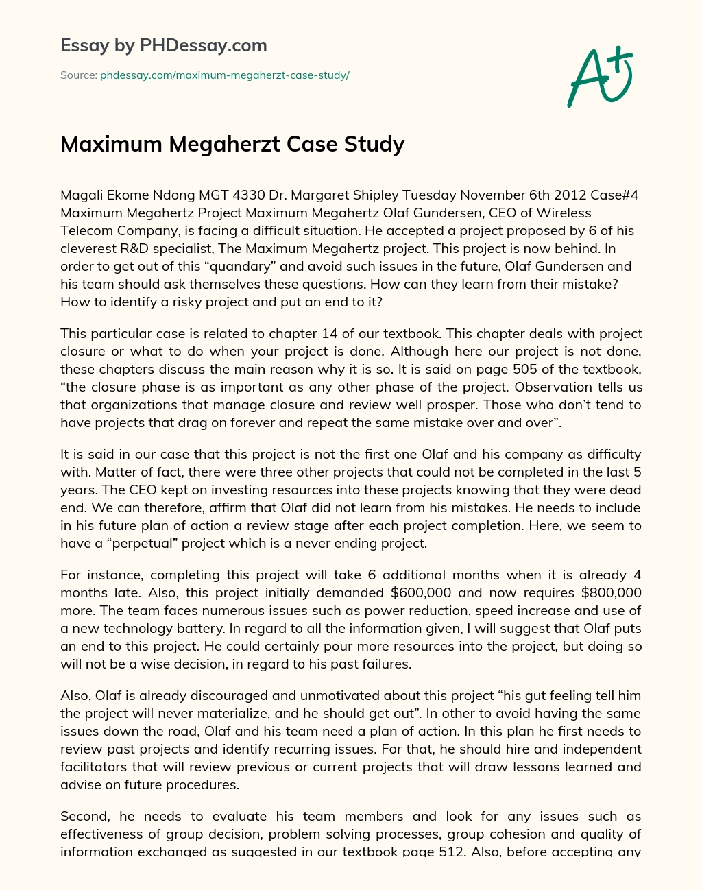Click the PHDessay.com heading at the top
coord(163,45)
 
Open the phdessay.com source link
coord(224,75)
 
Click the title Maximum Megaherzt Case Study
coord(232,144)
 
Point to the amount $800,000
coord(610,592)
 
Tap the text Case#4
coord(613,195)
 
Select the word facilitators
coord(96,767)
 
